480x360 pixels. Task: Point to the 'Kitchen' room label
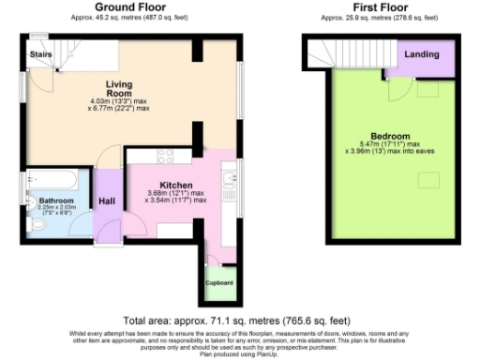175,185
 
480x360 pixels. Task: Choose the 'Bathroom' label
54,201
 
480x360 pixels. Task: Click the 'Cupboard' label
219,282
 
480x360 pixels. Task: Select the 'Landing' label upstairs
421,54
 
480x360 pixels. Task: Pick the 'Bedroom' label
388,137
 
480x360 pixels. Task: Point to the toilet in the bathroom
36,226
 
